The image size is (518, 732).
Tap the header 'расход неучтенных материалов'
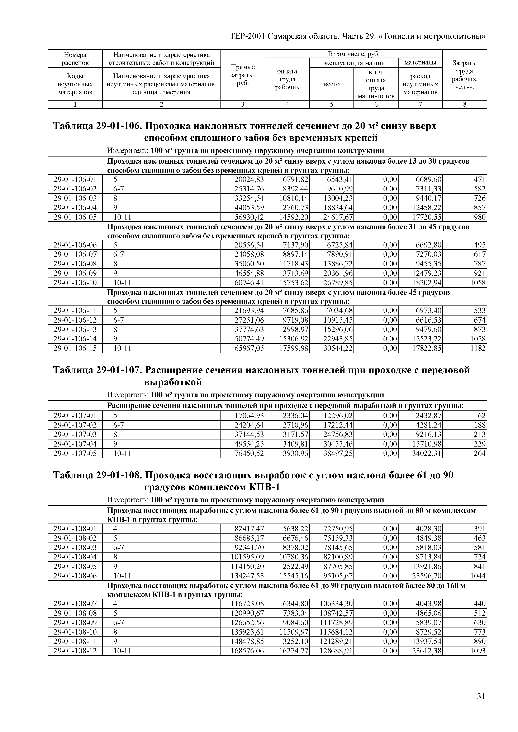click(420, 84)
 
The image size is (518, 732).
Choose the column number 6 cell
click(376, 104)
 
